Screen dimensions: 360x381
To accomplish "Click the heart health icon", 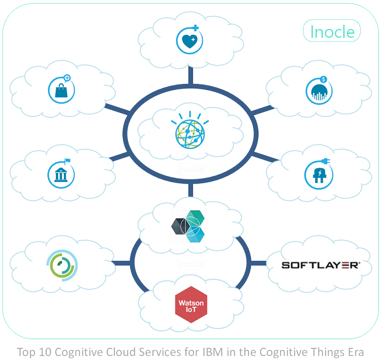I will click(x=189, y=40).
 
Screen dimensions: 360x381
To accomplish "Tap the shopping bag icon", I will click(x=61, y=91).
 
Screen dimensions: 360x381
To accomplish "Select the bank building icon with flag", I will click(x=61, y=173).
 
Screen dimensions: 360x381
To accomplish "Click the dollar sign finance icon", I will click(x=319, y=92).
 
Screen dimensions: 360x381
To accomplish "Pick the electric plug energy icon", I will click(x=319, y=173).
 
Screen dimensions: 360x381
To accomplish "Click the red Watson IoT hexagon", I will click(x=190, y=305).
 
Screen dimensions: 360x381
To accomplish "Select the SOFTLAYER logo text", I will click(x=321, y=265).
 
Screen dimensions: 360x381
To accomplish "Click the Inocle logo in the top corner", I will click(x=332, y=32).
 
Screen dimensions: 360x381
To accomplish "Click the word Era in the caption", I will click(x=355, y=352).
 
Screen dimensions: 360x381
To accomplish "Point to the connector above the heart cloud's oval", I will click(x=190, y=75).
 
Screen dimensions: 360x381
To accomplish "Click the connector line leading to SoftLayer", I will click(x=259, y=263).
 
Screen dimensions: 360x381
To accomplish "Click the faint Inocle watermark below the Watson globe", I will click(x=190, y=169).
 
